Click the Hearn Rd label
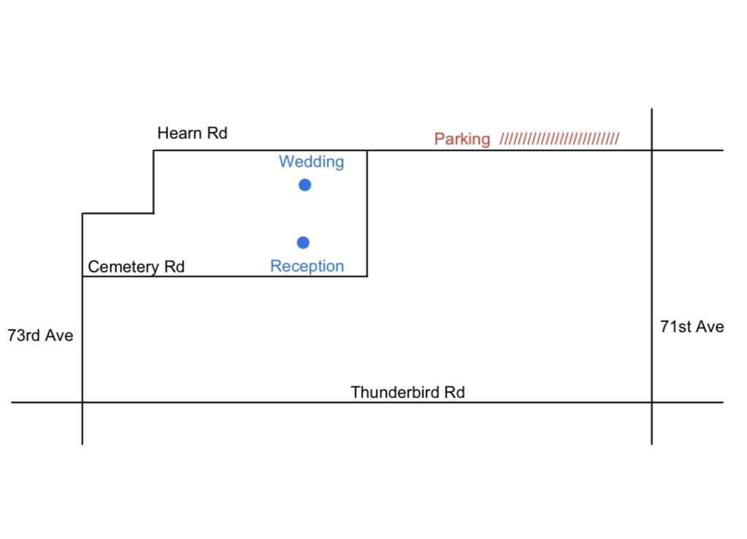point(192,133)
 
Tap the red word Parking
point(462,139)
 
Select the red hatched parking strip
point(559,139)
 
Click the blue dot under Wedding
point(305,185)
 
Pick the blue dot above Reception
point(303,242)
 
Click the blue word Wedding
point(311,162)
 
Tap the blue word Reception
point(307,266)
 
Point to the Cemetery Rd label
point(136,267)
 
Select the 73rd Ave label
point(40,335)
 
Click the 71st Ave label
point(691,326)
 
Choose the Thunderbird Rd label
point(408,392)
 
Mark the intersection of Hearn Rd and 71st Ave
point(652,150)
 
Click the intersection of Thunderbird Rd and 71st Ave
point(652,402)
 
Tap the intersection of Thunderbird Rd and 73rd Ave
point(83,402)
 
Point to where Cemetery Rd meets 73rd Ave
point(83,276)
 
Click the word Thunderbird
point(395,392)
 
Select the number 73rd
point(24,335)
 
